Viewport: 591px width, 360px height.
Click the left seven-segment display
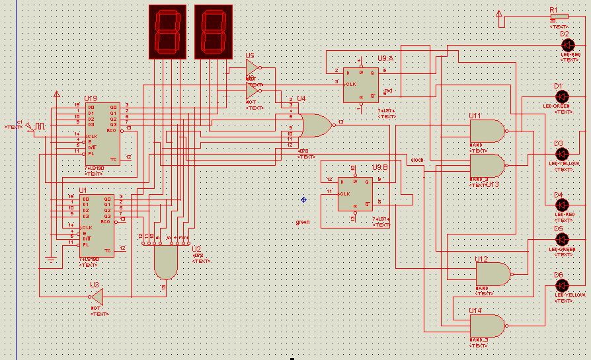pyautogui.click(x=167, y=32)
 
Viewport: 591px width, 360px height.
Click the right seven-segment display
pyautogui.click(x=214, y=32)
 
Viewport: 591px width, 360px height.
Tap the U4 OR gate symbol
pyautogui.click(x=315, y=125)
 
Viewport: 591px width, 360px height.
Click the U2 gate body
pyautogui.click(x=165, y=263)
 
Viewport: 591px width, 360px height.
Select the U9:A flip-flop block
pyautogui.click(x=361, y=84)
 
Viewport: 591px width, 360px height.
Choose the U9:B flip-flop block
pyautogui.click(x=355, y=194)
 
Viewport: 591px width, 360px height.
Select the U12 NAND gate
pyautogui.click(x=493, y=273)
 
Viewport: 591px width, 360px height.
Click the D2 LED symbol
pyautogui.click(x=567, y=44)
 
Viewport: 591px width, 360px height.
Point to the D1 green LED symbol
pyautogui.click(x=562, y=96)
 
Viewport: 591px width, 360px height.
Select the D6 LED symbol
pyautogui.click(x=562, y=285)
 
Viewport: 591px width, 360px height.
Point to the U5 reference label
pyautogui.click(x=250, y=56)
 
